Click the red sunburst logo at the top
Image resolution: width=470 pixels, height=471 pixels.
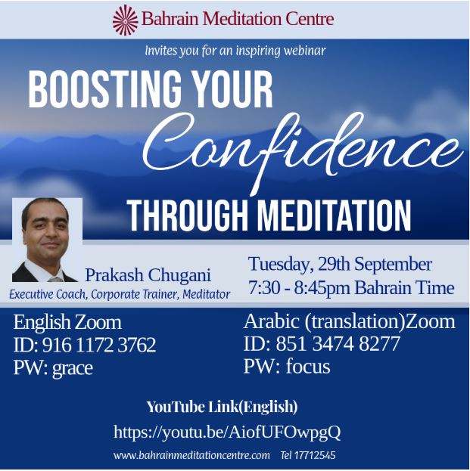pos(125,20)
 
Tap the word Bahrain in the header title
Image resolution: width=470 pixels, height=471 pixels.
pos(170,18)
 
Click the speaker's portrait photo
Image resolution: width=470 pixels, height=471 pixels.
pos(47,240)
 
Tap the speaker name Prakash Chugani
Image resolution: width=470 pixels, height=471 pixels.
pos(148,275)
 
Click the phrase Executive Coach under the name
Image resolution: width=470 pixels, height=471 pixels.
pos(48,294)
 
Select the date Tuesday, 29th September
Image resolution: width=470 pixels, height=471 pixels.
pos(340,265)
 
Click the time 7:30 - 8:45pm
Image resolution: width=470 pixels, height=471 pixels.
pos(299,287)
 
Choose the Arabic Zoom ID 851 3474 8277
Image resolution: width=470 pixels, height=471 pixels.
pos(338,344)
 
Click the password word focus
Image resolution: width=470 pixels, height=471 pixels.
pos(307,367)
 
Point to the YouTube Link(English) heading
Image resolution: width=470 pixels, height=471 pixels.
pos(222,407)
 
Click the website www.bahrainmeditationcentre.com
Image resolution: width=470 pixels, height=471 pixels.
pos(191,455)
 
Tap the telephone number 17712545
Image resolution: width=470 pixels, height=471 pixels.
pos(315,455)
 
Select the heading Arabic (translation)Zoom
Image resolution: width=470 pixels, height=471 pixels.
pos(350,322)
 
